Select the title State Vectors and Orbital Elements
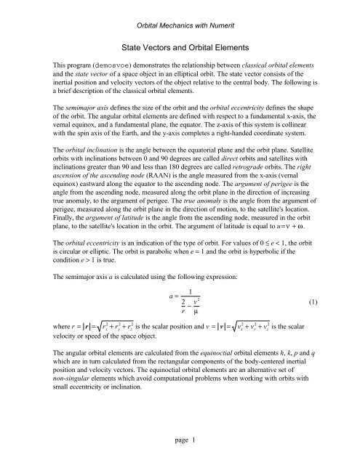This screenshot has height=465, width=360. (180, 44)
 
